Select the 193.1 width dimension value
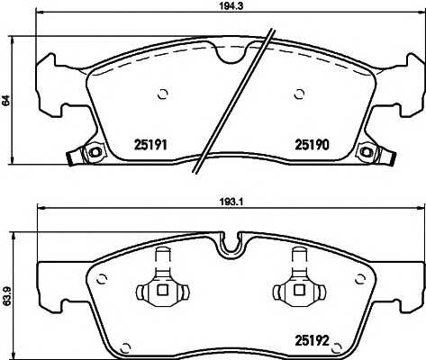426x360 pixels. pyautogui.click(x=231, y=202)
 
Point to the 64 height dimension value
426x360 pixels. pyautogui.click(x=6, y=100)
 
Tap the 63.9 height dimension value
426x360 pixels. pyautogui.click(x=7, y=296)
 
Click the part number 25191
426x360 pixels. pyautogui.click(x=150, y=145)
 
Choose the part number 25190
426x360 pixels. pyautogui.click(x=313, y=145)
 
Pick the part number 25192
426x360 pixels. pyautogui.click(x=313, y=340)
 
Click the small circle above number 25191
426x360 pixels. pyautogui.click(x=163, y=94)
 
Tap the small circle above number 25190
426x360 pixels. pyautogui.click(x=299, y=94)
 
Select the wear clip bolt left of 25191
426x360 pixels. pyautogui.click(x=95, y=152)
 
